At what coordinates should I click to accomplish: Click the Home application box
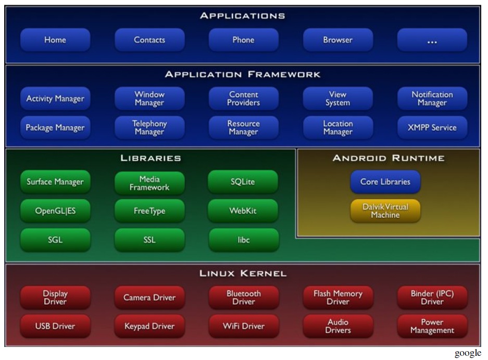point(55,40)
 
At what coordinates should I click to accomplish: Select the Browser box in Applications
point(337,40)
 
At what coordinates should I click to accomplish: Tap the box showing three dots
point(432,40)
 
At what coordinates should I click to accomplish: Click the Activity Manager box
point(55,98)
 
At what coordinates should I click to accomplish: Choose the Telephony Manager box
point(149,128)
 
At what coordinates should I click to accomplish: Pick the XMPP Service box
point(432,128)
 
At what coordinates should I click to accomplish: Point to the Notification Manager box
point(432,98)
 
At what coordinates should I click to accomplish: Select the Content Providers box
point(243,98)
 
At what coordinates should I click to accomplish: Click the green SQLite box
point(243,182)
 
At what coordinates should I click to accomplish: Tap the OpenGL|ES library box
point(55,211)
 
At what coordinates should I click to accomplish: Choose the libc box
point(243,240)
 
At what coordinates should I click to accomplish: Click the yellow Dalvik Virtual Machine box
point(385,211)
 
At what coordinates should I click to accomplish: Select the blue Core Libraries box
point(385,182)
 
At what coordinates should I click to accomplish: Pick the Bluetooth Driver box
point(243,297)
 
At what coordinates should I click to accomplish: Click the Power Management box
point(432,326)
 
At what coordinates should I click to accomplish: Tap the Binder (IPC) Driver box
point(432,297)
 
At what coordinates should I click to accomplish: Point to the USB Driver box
point(55,326)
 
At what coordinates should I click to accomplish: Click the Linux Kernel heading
point(243,274)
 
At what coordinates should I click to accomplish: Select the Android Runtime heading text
point(389,158)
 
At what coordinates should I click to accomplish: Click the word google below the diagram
point(468,354)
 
